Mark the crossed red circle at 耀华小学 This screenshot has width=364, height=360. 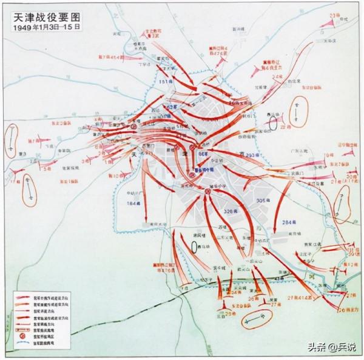point(207,192)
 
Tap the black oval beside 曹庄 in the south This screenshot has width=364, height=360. point(194,246)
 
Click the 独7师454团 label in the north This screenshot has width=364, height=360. point(112,56)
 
